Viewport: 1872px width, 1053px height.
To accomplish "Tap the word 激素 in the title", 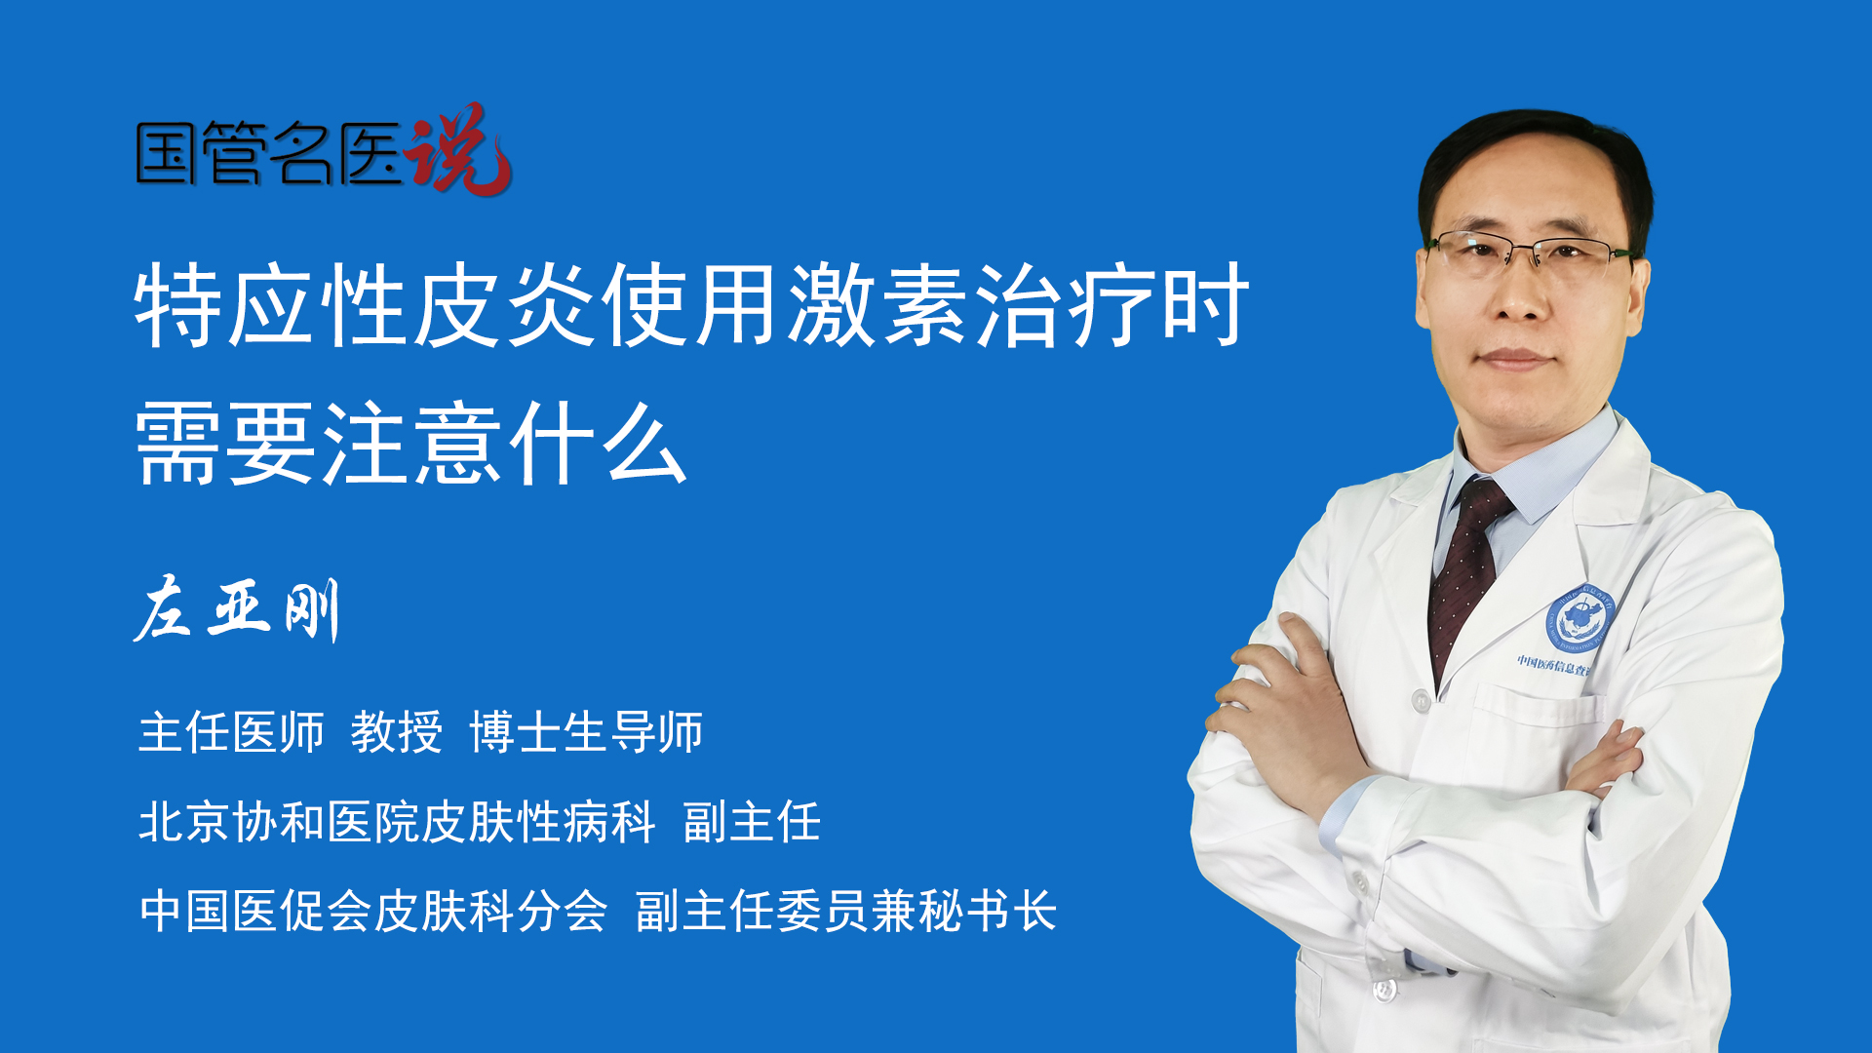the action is [879, 305].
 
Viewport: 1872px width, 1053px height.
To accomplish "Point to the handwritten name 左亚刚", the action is [237, 609].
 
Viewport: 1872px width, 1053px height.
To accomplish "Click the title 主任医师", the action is [231, 732].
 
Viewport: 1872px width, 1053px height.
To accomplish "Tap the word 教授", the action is [396, 732].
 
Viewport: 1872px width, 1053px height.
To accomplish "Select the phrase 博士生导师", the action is [586, 732].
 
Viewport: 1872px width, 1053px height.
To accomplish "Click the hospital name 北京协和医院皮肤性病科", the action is [397, 822].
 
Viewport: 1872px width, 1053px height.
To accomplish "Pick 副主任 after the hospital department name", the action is [752, 822].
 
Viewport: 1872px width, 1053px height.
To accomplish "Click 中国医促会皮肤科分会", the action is [373, 912].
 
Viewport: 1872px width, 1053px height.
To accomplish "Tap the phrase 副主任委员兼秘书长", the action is [846, 912].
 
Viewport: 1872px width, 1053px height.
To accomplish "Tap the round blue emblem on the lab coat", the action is [1579, 618].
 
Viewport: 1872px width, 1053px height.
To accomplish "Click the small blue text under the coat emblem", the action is [1553, 666].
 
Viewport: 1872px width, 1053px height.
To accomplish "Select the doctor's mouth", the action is [1516, 359].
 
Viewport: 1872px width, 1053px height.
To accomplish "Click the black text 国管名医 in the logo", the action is [269, 153].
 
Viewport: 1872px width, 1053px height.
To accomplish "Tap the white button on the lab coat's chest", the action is [1422, 700].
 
